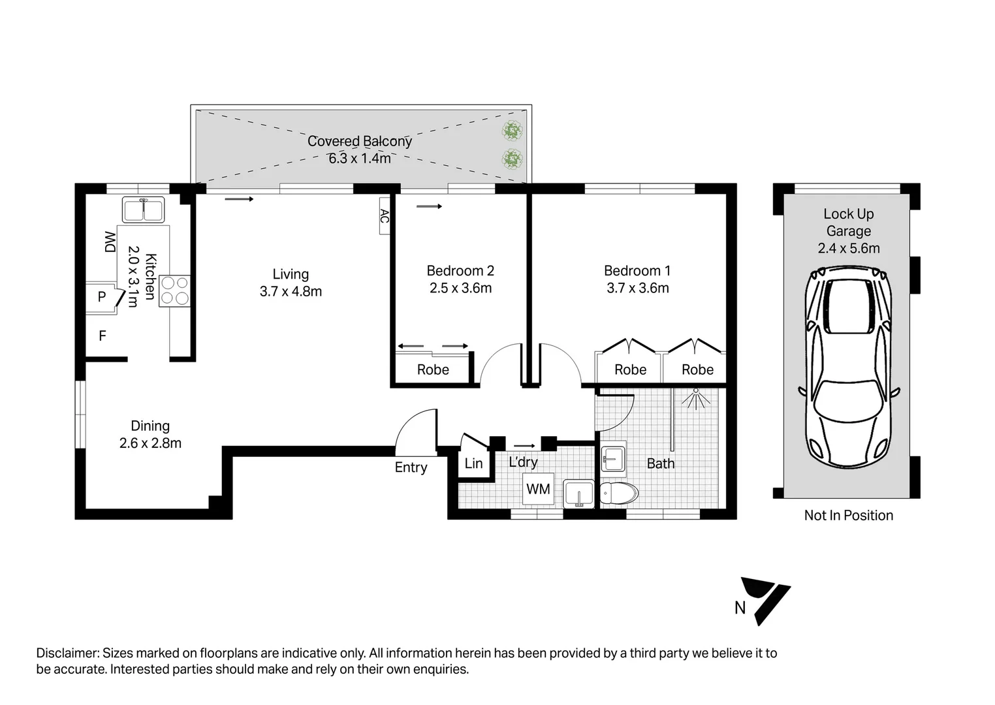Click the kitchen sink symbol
[144, 210]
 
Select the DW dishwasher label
[110, 242]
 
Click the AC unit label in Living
[384, 216]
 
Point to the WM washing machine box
[538, 489]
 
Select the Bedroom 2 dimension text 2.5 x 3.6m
[460, 288]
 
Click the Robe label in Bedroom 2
[433, 369]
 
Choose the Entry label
[411, 467]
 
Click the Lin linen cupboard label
[473, 463]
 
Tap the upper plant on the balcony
[513, 131]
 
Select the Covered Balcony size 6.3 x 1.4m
[360, 158]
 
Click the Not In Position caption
[848, 515]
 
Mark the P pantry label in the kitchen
[102, 297]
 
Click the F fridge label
[103, 336]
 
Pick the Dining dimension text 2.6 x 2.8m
[150, 443]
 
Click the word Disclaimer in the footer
[67, 653]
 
